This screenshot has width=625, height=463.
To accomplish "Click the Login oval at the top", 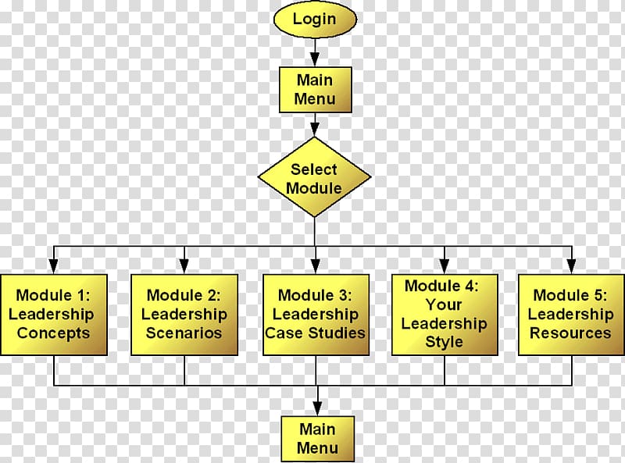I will [314, 19].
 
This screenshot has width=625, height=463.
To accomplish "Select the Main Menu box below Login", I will [315, 89].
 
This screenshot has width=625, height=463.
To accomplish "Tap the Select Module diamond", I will [314, 178].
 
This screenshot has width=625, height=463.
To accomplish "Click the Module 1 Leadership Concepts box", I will [54, 314].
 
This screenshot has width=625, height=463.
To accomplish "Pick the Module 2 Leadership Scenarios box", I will [184, 314].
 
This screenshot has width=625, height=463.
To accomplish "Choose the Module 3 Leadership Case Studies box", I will [316, 314].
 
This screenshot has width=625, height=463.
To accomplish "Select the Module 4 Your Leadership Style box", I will [445, 314].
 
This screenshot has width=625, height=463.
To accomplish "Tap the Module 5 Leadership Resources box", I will [570, 314].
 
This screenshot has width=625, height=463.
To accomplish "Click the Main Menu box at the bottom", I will [318, 437].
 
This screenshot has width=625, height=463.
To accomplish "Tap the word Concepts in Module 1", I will [54, 333].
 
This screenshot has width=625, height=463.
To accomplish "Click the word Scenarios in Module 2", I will [184, 333].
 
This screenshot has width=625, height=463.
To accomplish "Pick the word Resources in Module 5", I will [570, 333].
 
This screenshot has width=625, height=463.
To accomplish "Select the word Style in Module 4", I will [445, 342].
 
